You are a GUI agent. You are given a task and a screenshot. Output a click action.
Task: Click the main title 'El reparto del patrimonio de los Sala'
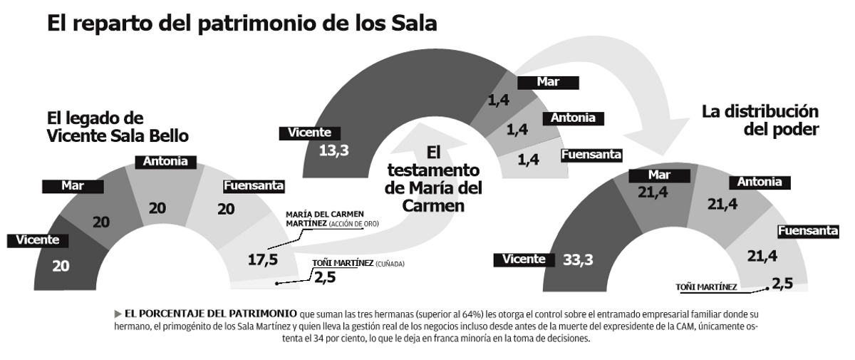[x=242, y=24]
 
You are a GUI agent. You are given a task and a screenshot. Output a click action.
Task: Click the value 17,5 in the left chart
[x=262, y=259]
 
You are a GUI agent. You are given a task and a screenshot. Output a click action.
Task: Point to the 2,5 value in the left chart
[x=324, y=277]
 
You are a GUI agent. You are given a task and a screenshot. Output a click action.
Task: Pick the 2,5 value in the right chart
[x=782, y=284]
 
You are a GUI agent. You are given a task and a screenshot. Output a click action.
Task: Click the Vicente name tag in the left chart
[x=33, y=240]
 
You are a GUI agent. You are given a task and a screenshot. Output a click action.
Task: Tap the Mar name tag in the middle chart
[x=547, y=82]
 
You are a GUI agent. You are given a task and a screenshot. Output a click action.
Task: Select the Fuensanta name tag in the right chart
[x=807, y=231]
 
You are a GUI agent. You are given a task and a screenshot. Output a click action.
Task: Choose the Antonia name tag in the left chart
[x=165, y=162]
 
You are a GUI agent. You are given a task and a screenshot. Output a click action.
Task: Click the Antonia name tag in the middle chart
[x=573, y=118]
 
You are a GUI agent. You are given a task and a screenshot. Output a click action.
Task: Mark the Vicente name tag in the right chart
[x=523, y=259]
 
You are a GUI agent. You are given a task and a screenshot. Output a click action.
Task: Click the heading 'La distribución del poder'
[x=760, y=120]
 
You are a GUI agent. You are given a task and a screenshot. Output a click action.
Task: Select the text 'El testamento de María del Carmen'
[x=432, y=179]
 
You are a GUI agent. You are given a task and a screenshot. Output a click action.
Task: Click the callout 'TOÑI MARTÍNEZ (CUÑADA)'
[x=358, y=263]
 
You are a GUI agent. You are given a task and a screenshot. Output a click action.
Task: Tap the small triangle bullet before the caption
[x=118, y=313]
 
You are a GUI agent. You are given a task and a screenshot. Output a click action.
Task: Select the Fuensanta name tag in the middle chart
[x=592, y=154]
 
